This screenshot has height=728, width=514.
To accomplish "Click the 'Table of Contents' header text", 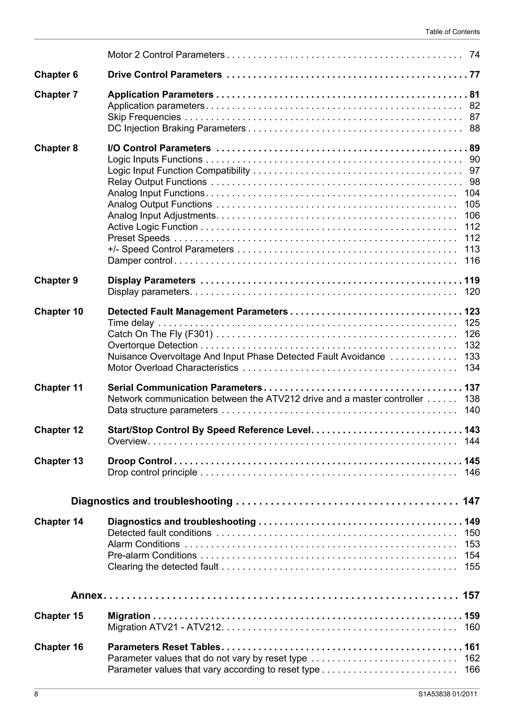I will click(452, 32).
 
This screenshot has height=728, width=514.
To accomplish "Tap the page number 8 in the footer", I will click(36, 694).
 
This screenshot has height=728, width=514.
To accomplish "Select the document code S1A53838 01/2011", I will click(447, 694).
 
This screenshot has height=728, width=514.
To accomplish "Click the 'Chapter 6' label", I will click(56, 75).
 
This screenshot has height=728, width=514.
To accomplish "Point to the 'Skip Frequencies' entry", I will click(144, 117).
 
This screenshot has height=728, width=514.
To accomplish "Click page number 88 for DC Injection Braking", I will click(474, 128).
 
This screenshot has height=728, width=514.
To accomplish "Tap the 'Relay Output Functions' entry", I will click(157, 182).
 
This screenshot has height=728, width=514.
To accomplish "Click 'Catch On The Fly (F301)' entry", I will click(160, 334).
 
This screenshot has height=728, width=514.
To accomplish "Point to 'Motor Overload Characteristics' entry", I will click(173, 368).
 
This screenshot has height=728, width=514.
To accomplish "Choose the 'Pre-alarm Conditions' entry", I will click(152, 555).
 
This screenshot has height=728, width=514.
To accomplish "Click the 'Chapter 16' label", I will click(58, 647).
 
